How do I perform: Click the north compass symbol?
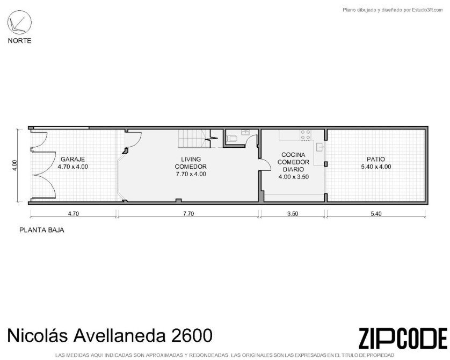(19, 23)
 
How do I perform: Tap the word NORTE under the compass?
(19, 41)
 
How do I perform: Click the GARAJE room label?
(72, 159)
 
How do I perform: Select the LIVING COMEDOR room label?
(191, 163)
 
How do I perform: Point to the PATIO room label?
(376, 159)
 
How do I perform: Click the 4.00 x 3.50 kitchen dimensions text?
(294, 177)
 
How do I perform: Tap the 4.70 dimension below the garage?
(73, 214)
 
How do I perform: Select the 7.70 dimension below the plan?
(188, 214)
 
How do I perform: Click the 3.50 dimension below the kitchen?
(293, 214)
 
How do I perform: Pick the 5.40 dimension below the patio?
(376, 214)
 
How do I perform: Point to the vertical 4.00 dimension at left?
(15, 165)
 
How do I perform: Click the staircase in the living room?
(194, 139)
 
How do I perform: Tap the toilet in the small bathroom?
(232, 139)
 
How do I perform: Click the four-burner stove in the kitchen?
(306, 135)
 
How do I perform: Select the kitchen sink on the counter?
(320, 147)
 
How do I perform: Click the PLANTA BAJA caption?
(42, 230)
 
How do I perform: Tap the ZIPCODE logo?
(403, 338)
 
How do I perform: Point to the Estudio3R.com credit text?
(427, 10)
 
